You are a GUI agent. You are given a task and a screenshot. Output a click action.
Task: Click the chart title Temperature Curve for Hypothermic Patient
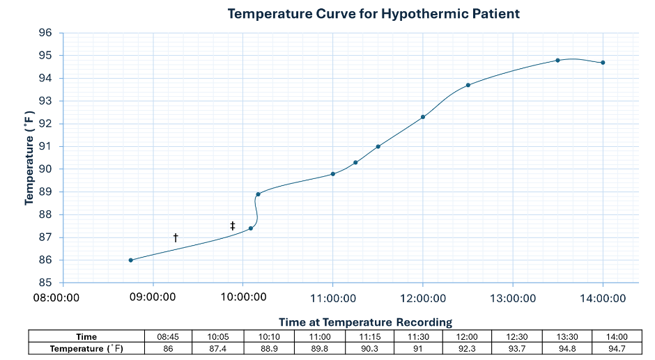[x=373, y=13]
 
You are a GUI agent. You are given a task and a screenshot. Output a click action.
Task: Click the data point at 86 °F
[x=131, y=260]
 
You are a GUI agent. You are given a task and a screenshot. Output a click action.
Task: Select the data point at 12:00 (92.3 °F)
[x=423, y=117]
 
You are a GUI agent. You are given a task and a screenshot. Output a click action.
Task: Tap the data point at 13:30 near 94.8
[x=557, y=61]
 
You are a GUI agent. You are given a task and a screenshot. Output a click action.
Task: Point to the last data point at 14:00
[x=603, y=63]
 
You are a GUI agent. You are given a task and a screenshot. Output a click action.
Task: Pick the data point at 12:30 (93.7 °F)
[x=468, y=85]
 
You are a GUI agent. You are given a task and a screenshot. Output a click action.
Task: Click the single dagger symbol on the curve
[x=176, y=238]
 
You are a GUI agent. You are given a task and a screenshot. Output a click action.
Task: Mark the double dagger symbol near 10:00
[x=233, y=226]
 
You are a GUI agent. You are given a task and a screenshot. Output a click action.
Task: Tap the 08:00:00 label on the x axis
[x=63, y=298]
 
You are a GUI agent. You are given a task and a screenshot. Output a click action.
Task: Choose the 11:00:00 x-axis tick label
[x=333, y=298]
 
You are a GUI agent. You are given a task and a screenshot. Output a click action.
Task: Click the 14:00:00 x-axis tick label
[x=603, y=298]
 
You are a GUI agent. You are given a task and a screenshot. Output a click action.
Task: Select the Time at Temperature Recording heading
[x=365, y=322]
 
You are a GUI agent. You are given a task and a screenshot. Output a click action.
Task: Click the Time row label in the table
[x=86, y=337]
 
